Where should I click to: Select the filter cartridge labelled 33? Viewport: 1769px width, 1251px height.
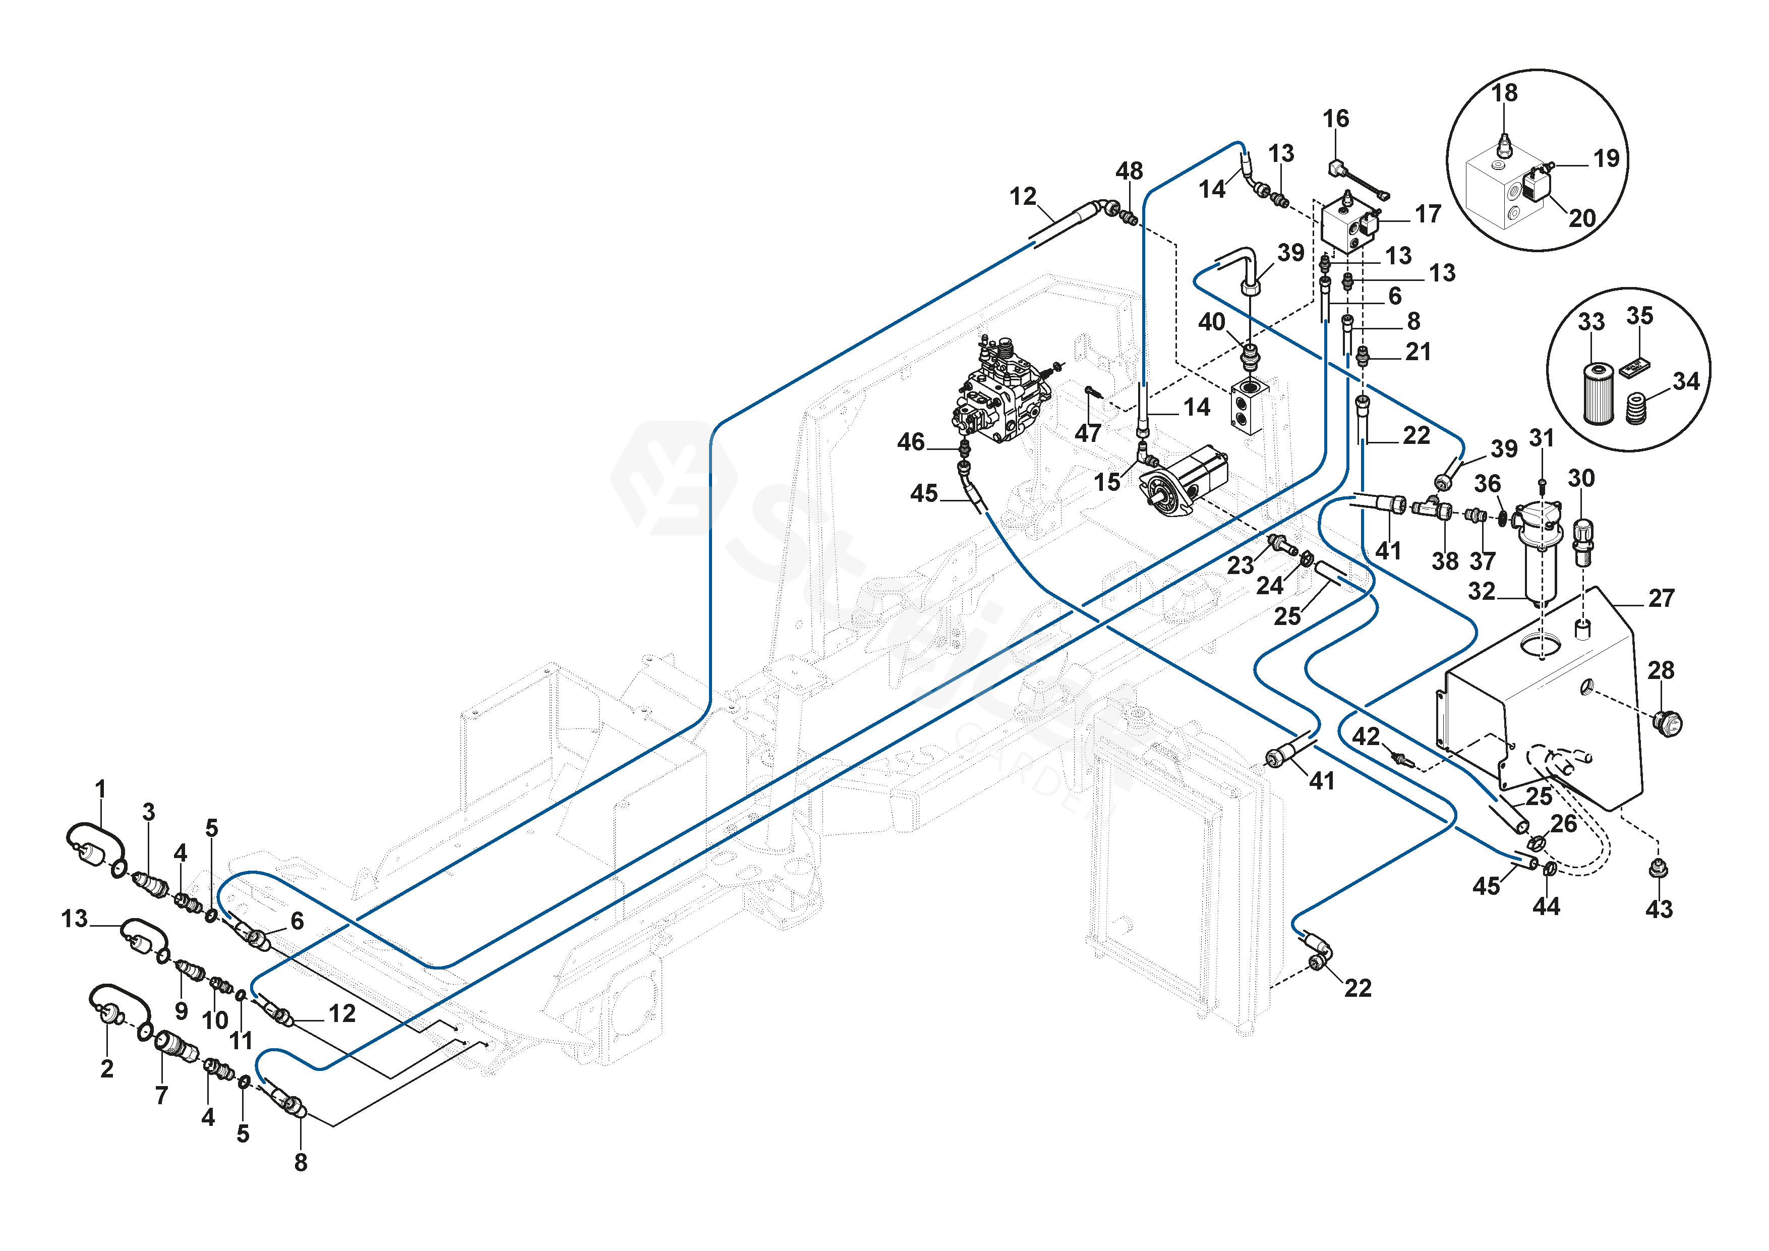coord(1598,392)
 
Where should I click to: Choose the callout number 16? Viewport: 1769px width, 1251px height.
coord(1335,118)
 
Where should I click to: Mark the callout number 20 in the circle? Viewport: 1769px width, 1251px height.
coord(1582,218)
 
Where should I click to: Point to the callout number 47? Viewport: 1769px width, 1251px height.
coord(1087,433)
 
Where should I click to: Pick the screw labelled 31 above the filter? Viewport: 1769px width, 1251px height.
coord(1542,485)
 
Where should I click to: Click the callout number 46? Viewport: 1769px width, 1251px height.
coord(911,442)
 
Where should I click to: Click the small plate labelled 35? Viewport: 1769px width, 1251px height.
coord(1633,367)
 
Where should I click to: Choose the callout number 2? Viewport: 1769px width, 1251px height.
coord(107,1068)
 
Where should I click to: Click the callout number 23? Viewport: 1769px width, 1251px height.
coord(1240,565)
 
